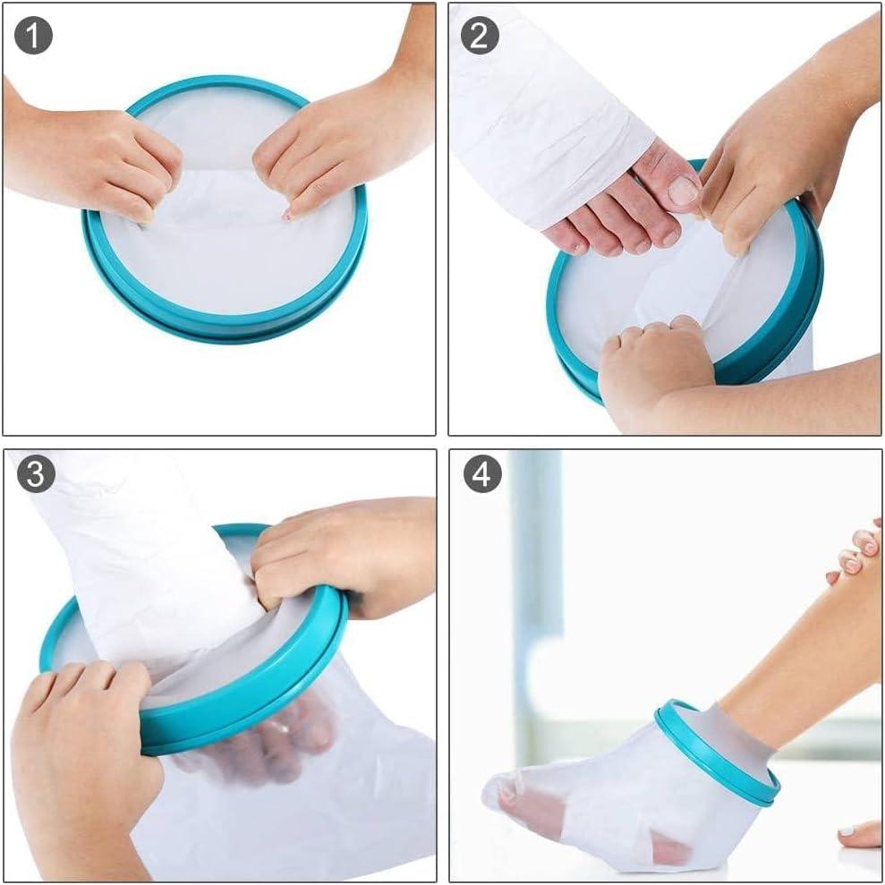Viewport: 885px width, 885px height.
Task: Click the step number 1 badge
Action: tap(34, 36)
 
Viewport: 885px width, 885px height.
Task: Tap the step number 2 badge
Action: tap(480, 36)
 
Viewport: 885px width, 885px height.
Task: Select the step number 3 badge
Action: tap(36, 474)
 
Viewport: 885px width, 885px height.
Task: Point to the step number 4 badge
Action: tap(481, 474)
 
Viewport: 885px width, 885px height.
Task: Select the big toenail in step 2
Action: tap(683, 190)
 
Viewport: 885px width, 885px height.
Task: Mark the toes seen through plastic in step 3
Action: tap(277, 734)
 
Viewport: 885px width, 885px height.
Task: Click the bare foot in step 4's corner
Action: tap(859, 834)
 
